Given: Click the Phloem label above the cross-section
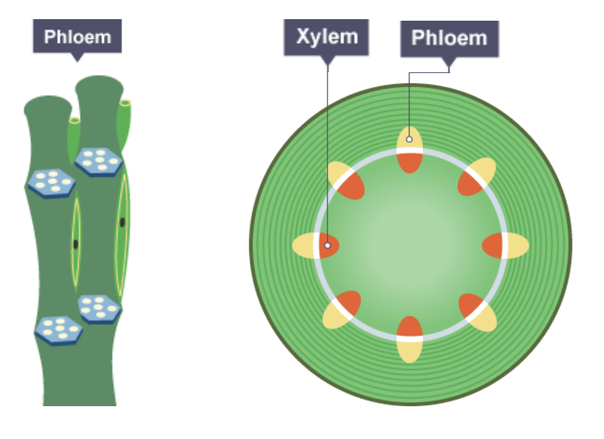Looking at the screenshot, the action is coord(450,39).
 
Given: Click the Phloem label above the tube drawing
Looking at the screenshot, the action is coord(77,36).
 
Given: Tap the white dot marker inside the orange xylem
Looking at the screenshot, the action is coord(327,245).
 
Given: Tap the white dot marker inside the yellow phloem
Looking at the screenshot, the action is coord(409,139).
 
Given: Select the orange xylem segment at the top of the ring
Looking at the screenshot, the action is coord(409,163).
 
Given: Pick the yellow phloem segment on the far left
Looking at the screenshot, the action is coord(302,246).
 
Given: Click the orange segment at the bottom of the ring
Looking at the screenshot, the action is coord(409,326).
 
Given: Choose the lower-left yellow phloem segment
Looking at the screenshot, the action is coord(336,318).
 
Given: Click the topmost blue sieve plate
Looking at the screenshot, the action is coord(99,162).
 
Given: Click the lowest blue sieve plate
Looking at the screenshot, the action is coord(59,331).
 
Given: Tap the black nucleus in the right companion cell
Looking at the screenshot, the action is coord(122,222).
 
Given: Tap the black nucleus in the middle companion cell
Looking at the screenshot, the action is coord(75,244).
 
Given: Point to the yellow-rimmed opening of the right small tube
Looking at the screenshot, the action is coord(125,103).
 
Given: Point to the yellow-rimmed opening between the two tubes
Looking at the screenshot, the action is coord(75,120).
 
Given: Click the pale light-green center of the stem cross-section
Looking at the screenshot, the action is coord(410,245).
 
